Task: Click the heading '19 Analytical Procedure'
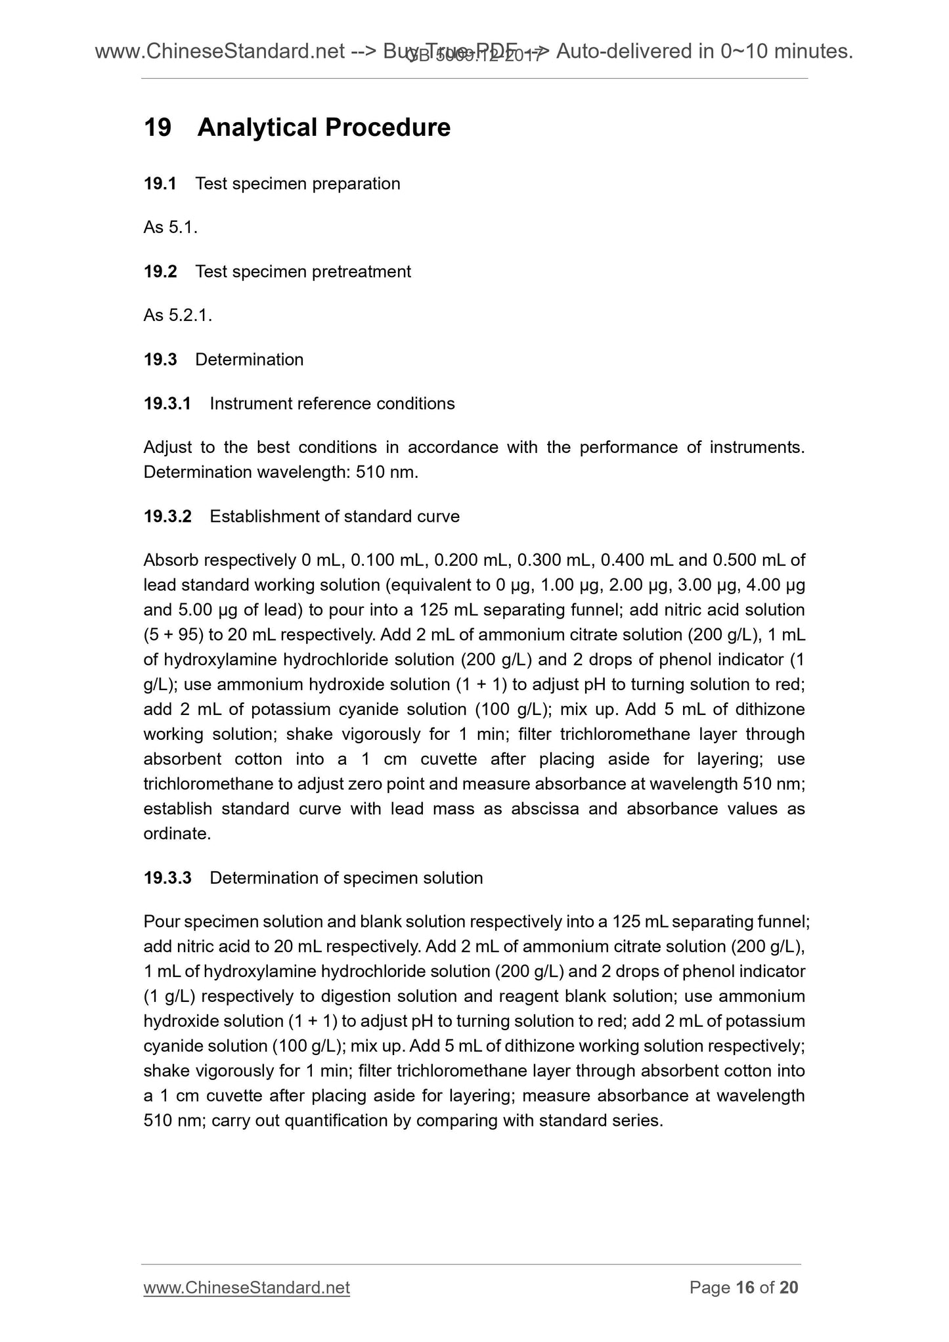(297, 127)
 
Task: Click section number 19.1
(160, 184)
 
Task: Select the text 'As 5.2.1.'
(177, 316)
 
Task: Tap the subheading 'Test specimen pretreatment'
(303, 272)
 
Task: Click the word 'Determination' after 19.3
(250, 360)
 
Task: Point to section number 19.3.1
(167, 404)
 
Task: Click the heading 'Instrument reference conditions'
(332, 404)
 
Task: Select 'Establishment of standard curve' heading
(334, 517)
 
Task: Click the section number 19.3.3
(167, 878)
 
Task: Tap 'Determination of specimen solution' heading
(346, 878)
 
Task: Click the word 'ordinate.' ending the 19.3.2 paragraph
(177, 834)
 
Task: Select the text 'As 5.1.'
(170, 228)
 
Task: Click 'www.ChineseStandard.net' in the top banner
(220, 51)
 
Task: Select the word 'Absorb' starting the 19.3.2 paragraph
(171, 561)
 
